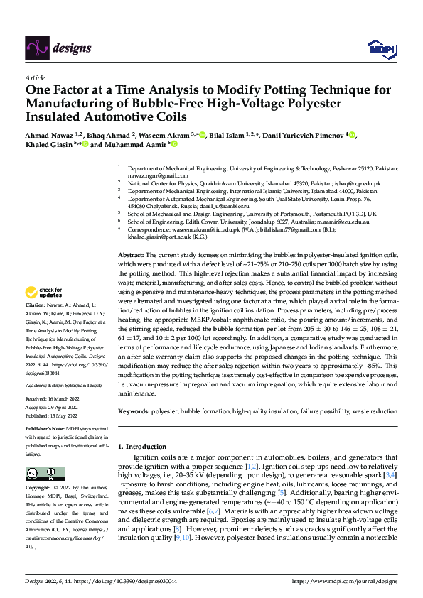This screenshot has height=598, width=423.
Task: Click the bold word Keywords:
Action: coord(134,411)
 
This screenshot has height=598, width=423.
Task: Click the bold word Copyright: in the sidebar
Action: coord(40,489)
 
